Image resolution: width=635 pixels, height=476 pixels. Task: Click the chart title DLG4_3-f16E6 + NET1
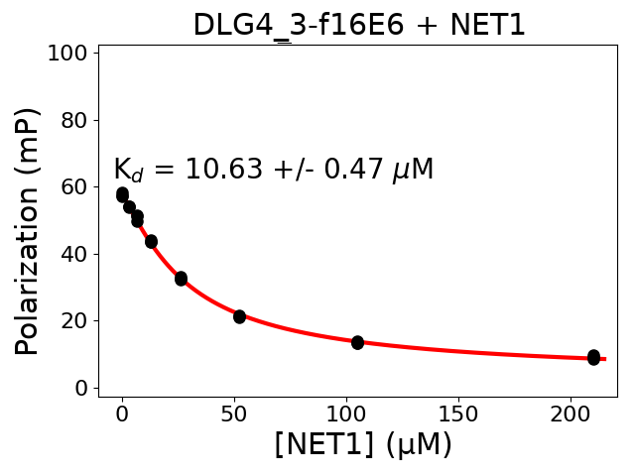point(358,24)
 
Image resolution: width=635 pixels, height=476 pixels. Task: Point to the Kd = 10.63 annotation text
point(273,170)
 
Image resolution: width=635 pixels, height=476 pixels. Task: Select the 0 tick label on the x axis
point(122,413)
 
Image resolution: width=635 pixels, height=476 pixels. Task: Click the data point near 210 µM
point(593,357)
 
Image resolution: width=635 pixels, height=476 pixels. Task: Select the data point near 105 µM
point(357,342)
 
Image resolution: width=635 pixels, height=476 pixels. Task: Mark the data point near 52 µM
point(239,316)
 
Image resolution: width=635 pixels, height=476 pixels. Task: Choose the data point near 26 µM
point(181,279)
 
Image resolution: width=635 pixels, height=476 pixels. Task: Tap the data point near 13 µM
point(151,241)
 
